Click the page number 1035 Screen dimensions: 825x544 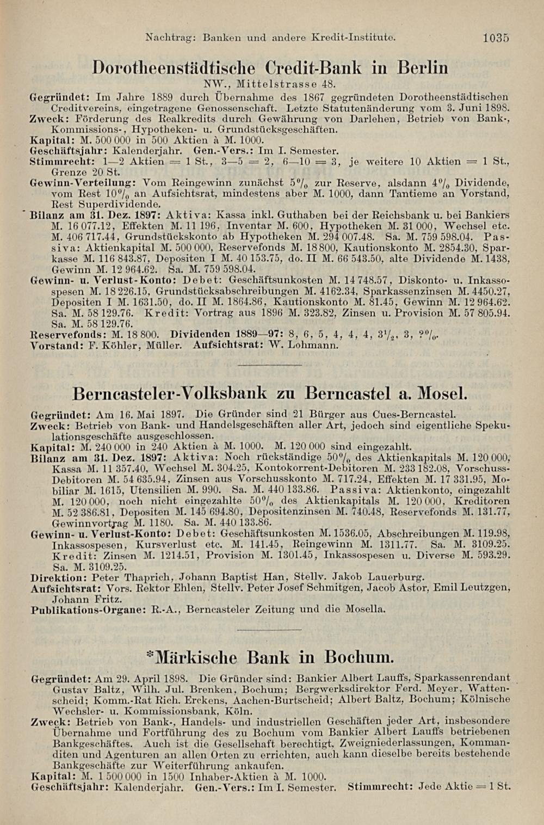[x=495, y=38]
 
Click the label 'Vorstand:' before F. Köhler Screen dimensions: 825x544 [x=53, y=345]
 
